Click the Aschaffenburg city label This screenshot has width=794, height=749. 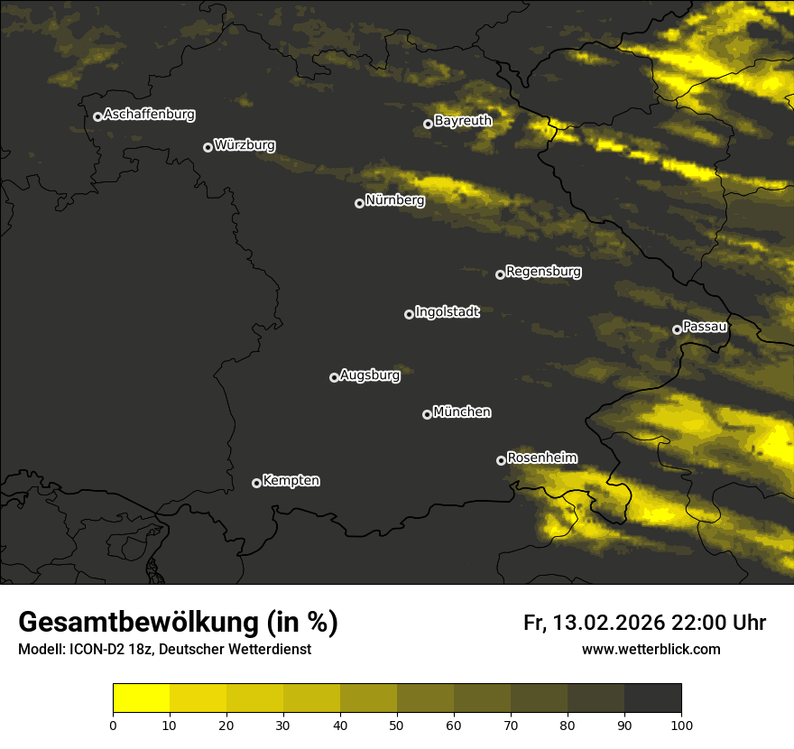click(x=149, y=115)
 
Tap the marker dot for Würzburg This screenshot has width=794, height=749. click(x=208, y=147)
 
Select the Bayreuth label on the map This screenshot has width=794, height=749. click(x=463, y=120)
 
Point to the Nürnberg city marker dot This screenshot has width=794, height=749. click(x=359, y=203)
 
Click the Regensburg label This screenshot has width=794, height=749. click(x=543, y=271)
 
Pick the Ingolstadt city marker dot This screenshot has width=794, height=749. click(x=409, y=314)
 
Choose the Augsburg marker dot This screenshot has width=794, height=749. click(x=334, y=377)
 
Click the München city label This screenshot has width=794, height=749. click(x=462, y=411)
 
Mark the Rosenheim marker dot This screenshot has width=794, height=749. click(x=501, y=460)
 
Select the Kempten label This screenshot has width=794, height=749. click(x=291, y=480)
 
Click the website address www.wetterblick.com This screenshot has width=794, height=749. click(x=651, y=649)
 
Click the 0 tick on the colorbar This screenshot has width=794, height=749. click(x=113, y=725)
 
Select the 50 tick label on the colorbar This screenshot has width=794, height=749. click(x=397, y=725)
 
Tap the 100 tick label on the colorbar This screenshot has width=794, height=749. click(x=681, y=725)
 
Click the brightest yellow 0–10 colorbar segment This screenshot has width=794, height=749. click(x=142, y=698)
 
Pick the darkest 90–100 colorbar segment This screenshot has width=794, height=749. click(x=652, y=698)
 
